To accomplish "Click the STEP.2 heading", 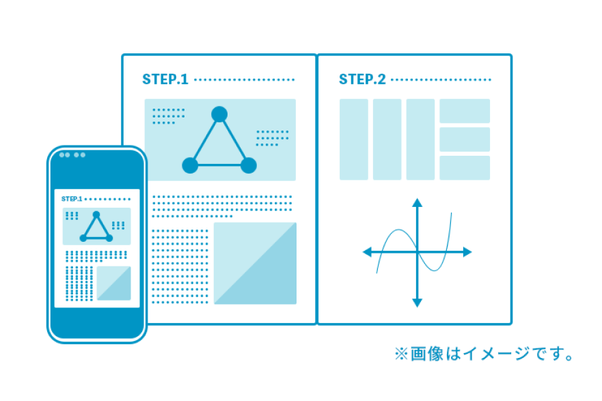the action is pos(362,79).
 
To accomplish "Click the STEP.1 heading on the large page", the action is pos(165,79).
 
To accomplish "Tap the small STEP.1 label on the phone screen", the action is pos(72,199).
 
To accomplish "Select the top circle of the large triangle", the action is pos(219,114).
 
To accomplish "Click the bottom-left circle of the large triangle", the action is pos(190,165).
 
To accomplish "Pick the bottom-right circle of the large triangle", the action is pos(249,165).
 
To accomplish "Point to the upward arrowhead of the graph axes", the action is pos(418,203).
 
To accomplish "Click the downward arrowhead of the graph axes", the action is pos(418,303).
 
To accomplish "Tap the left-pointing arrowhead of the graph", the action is pos(367,252).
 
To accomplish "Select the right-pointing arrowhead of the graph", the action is pos(467,252).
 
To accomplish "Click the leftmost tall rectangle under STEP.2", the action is pos(354,139).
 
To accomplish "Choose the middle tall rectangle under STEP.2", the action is pos(387,139).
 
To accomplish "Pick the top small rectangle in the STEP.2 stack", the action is pos(465,111).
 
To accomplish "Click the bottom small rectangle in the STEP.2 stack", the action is pos(465,167).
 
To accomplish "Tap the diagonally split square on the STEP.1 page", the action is pos(255,263).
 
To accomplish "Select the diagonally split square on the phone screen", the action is pos(113,284).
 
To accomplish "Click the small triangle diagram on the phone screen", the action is pos(96,227).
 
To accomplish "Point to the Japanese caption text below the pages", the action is pos(484,354).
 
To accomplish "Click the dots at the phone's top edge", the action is pos(72,155).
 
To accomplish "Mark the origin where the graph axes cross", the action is pos(418,252).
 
